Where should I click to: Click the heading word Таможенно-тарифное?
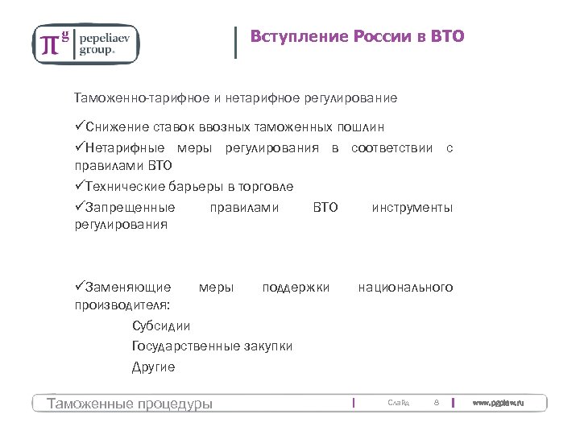142,98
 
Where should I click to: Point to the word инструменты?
412,207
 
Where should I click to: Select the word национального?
406,287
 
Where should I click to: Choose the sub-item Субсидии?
161,326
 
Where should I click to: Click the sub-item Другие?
153,367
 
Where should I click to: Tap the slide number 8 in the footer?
436,402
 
